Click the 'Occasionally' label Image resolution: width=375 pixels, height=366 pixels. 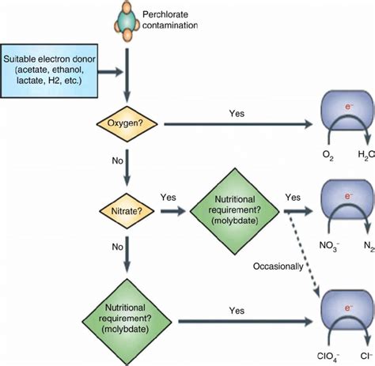278,266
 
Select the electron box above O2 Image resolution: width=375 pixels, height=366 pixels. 345,119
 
